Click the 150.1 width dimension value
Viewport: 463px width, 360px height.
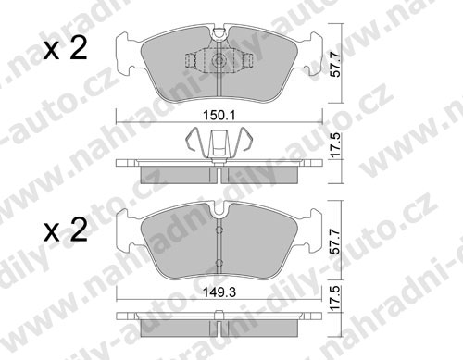[x=219, y=116]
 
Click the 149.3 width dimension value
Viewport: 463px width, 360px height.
[x=219, y=292]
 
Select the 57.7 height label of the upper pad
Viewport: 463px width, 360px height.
[x=336, y=65]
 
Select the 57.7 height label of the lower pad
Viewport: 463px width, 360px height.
[x=336, y=242]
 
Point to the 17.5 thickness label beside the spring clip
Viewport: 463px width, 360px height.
[x=336, y=145]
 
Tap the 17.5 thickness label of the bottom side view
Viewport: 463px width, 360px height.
[x=336, y=298]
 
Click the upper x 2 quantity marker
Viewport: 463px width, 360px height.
[x=65, y=50]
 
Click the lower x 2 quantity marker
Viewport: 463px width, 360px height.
[x=65, y=231]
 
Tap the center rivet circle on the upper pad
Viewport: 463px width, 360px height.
[x=219, y=61]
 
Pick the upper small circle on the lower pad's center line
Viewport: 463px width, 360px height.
[x=219, y=230]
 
